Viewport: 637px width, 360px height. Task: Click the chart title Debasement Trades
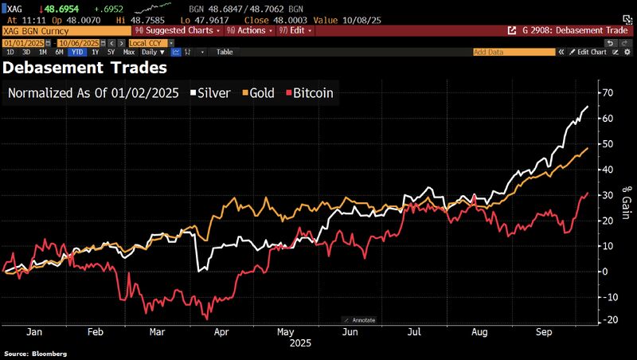85,68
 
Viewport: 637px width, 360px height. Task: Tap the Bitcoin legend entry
308,93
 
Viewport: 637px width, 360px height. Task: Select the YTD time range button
77,52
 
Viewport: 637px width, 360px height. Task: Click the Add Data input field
514,52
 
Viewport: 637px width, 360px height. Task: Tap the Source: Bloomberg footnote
36,354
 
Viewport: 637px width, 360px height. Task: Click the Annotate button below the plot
359,320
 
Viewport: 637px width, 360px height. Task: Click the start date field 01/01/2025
24,41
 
